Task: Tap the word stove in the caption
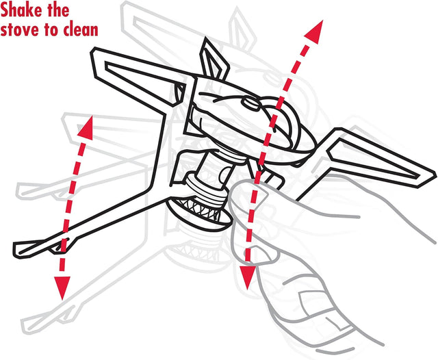(21, 30)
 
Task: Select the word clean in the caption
(80, 30)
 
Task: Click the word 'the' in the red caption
(59, 10)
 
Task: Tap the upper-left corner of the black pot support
(94, 49)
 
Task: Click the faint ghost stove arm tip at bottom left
(27, 325)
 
